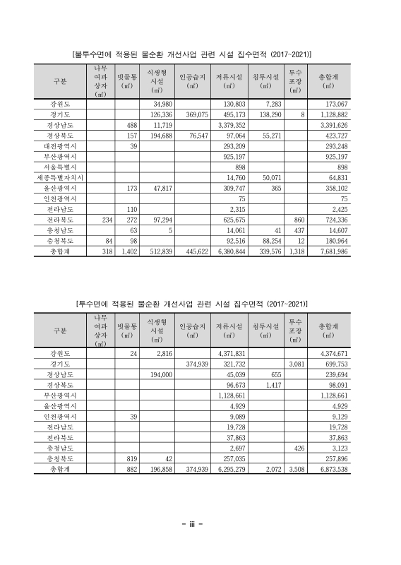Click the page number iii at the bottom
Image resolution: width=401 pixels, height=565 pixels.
193,523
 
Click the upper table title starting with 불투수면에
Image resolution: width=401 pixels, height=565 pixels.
193,54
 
